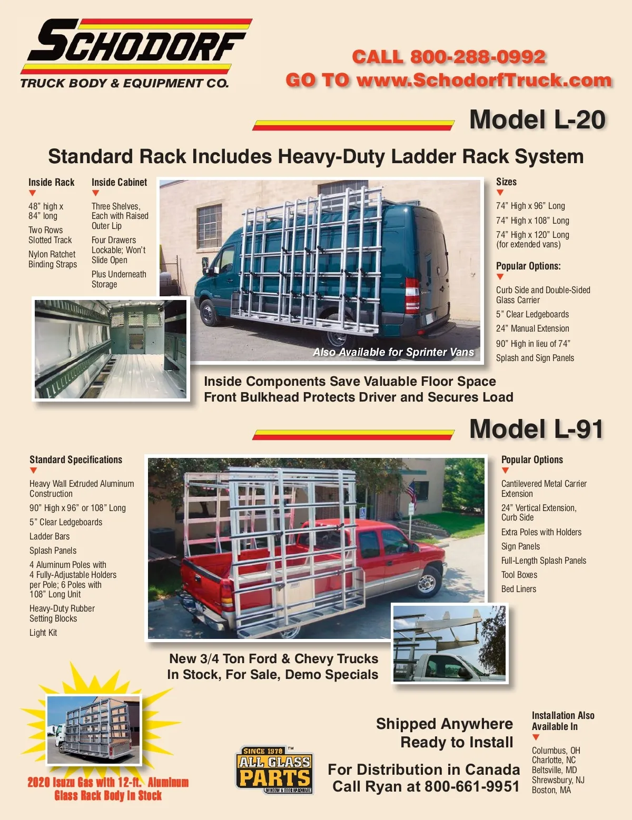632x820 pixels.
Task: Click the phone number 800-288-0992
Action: click(478, 57)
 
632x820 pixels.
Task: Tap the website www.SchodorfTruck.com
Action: click(484, 80)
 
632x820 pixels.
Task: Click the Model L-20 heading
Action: click(537, 120)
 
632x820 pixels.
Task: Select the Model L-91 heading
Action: click(536, 429)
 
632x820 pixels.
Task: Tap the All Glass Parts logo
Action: click(274, 770)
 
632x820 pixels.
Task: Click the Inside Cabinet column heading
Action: click(119, 183)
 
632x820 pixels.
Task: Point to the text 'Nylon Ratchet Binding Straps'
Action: click(53, 259)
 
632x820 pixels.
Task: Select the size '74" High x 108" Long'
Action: click(532, 221)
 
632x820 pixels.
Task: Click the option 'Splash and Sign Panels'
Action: click(535, 358)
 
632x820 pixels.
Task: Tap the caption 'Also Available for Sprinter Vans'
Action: click(393, 352)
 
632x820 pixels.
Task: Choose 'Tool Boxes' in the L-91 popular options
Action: click(519, 575)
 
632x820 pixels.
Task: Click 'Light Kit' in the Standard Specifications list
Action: click(43, 633)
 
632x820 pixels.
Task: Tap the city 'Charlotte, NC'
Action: click(554, 760)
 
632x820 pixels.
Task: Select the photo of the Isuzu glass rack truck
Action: click(94, 729)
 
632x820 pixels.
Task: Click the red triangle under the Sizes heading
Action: click(500, 193)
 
